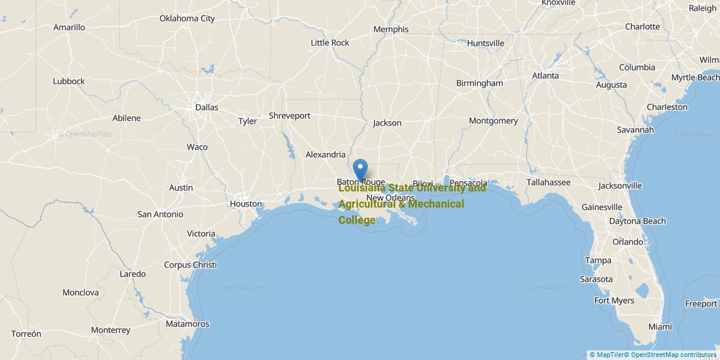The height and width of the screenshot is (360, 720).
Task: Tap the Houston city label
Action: [x=246, y=204]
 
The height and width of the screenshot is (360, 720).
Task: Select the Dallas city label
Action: [x=206, y=107]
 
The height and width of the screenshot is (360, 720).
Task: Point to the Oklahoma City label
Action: [x=187, y=19]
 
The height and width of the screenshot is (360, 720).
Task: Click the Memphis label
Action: [x=391, y=29]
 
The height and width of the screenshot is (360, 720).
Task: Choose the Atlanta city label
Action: [x=545, y=76]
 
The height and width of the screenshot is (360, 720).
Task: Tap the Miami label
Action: [x=660, y=327]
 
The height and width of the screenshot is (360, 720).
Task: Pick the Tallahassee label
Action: [x=548, y=182]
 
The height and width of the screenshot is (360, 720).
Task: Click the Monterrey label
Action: [x=110, y=330]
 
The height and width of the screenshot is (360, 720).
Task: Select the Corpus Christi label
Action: [x=190, y=265]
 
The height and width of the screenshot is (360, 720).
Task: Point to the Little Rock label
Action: [x=330, y=43]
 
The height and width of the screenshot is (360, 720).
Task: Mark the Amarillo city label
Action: [x=69, y=28]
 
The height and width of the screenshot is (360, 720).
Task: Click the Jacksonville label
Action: [x=620, y=186]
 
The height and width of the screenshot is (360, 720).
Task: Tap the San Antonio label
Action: [x=160, y=214]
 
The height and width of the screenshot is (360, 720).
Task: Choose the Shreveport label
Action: [x=289, y=116]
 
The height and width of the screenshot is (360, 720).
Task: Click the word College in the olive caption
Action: [x=357, y=220]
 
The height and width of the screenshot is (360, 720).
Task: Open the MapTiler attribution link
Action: [x=607, y=355]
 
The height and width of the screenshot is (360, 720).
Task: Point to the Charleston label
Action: [x=667, y=107]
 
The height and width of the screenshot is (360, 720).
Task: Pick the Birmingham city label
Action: [x=479, y=83]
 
